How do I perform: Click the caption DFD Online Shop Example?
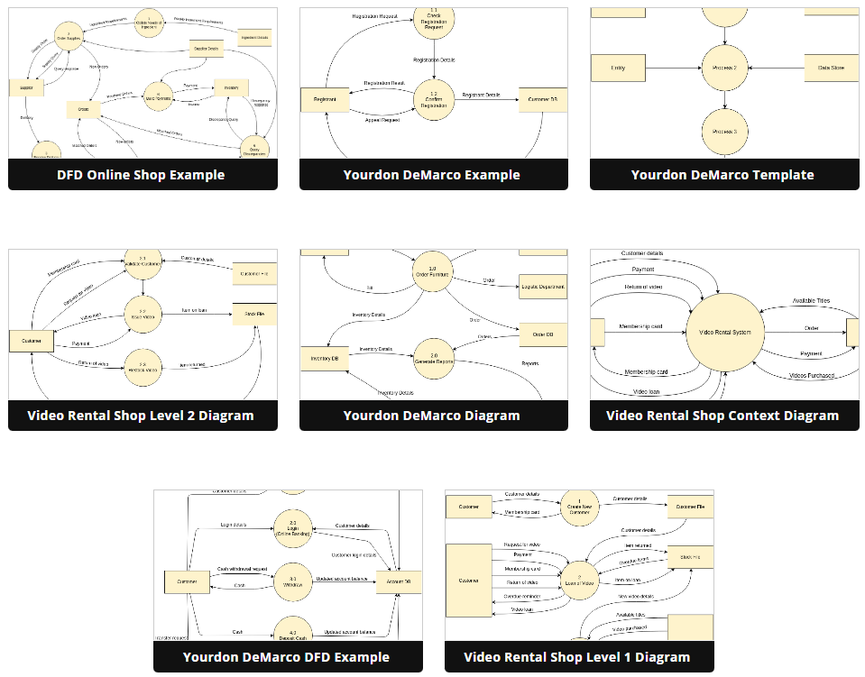(141, 175)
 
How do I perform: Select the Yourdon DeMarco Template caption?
(722, 175)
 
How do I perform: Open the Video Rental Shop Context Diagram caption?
(722, 416)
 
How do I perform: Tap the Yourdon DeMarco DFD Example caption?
(286, 656)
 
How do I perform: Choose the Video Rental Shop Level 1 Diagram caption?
(577, 656)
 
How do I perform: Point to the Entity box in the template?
(618, 68)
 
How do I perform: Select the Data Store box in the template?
(831, 68)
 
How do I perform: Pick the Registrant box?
(325, 100)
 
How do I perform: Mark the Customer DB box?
(542, 100)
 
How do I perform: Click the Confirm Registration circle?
(434, 99)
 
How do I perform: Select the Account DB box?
(400, 581)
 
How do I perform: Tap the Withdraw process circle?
(292, 581)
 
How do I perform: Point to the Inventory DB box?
(324, 358)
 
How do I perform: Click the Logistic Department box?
(543, 288)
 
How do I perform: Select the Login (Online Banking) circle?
(292, 529)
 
